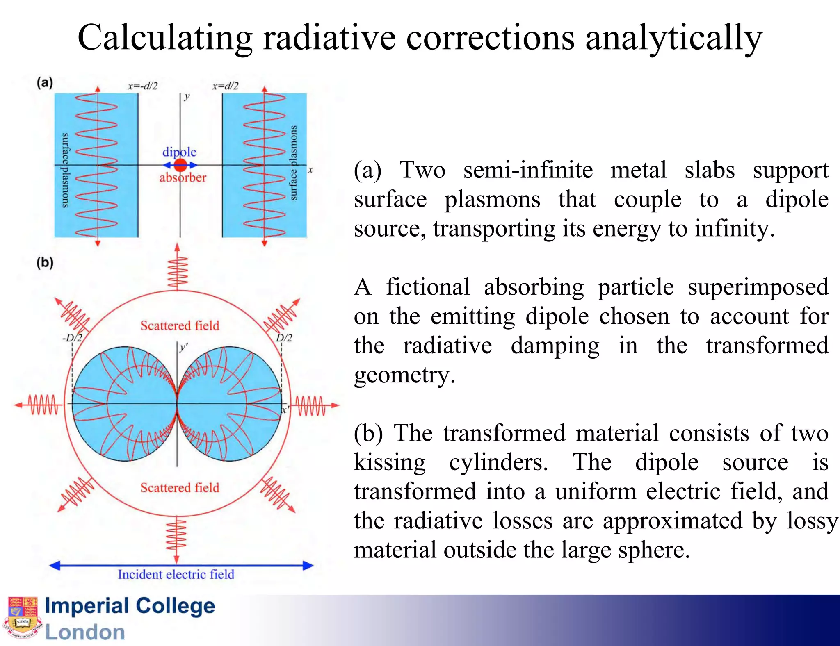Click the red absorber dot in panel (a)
[180, 165]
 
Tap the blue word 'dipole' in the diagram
[179, 152]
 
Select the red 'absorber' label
[183, 178]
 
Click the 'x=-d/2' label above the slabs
[142, 86]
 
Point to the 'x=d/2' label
[225, 86]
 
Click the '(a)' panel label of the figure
[45, 83]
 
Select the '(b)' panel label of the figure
[45, 262]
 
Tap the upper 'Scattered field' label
[180, 325]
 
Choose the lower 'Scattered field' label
[180, 487]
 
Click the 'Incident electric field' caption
[176, 574]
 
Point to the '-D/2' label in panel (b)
[72, 338]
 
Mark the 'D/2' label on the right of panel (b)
[284, 338]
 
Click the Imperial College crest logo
[23, 618]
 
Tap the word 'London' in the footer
[85, 632]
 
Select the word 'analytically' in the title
[673, 38]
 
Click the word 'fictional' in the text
[427, 287]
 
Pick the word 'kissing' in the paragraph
[390, 462]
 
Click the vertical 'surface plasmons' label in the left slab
[65, 170]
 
